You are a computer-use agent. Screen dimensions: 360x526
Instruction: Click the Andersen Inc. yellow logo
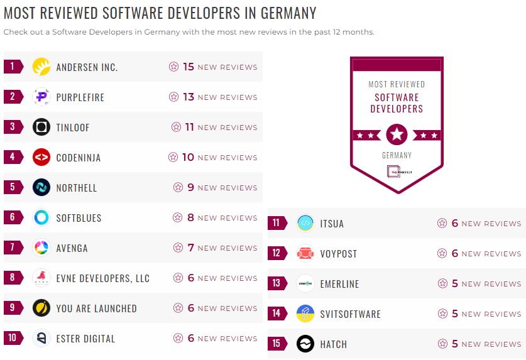41,67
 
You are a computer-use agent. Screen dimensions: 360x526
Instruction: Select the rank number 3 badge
13,127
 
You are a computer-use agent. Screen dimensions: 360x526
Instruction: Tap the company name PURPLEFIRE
80,97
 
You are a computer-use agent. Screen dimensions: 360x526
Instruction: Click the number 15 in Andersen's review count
189,67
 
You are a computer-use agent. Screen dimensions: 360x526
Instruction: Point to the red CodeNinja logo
41,157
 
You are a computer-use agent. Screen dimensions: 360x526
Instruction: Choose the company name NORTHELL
77,188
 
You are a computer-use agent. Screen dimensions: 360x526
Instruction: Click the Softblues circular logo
41,217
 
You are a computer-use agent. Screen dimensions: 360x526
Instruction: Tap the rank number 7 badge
13,248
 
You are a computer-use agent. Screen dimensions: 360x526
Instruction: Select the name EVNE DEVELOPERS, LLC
103,278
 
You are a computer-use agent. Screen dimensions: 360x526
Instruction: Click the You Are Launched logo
41,308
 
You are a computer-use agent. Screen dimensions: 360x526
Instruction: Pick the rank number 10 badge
13,338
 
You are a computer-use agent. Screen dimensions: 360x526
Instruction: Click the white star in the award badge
397,134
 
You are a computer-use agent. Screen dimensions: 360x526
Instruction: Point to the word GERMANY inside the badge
397,155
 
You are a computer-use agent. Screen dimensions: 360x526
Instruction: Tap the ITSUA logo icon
305,223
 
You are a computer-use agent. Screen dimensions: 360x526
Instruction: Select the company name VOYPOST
338,254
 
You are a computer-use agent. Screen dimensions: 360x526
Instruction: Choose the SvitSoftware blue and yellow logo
305,314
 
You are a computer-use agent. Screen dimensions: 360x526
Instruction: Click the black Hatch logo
305,344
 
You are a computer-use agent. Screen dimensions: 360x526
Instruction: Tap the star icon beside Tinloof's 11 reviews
177,127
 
